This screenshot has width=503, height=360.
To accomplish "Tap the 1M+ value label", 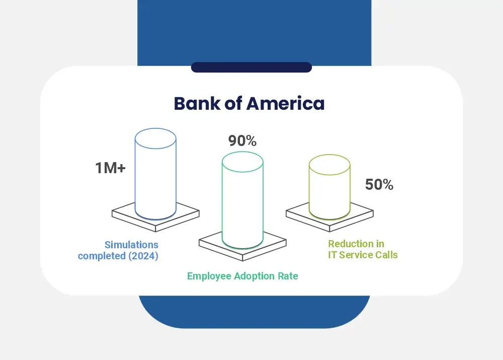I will click(110, 168).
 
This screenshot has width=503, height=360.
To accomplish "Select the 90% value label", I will click(242, 141).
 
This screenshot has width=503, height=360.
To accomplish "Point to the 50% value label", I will click(379, 185).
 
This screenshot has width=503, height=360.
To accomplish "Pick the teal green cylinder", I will click(242, 204).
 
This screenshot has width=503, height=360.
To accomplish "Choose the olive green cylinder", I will click(329, 189).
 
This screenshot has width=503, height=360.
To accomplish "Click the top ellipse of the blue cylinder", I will click(155, 138).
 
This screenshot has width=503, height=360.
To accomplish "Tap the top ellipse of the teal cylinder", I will click(242, 161).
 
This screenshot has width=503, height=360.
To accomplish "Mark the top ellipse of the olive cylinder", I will click(329, 165).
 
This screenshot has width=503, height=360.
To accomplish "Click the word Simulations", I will click(131, 245).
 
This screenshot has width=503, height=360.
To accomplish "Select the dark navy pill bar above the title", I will click(251, 67).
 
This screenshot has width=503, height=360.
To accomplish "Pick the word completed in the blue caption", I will click(101, 256).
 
